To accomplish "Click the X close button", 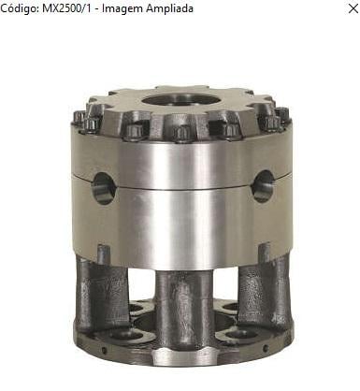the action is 353,8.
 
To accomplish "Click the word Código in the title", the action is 19,8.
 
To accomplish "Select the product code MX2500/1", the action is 67,8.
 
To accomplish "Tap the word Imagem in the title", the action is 122,8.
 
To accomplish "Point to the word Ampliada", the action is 170,8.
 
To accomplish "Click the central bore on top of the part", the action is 181,101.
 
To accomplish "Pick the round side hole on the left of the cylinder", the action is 105,188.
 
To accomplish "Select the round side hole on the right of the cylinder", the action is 263,186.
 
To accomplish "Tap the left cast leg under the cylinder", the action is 102,292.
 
